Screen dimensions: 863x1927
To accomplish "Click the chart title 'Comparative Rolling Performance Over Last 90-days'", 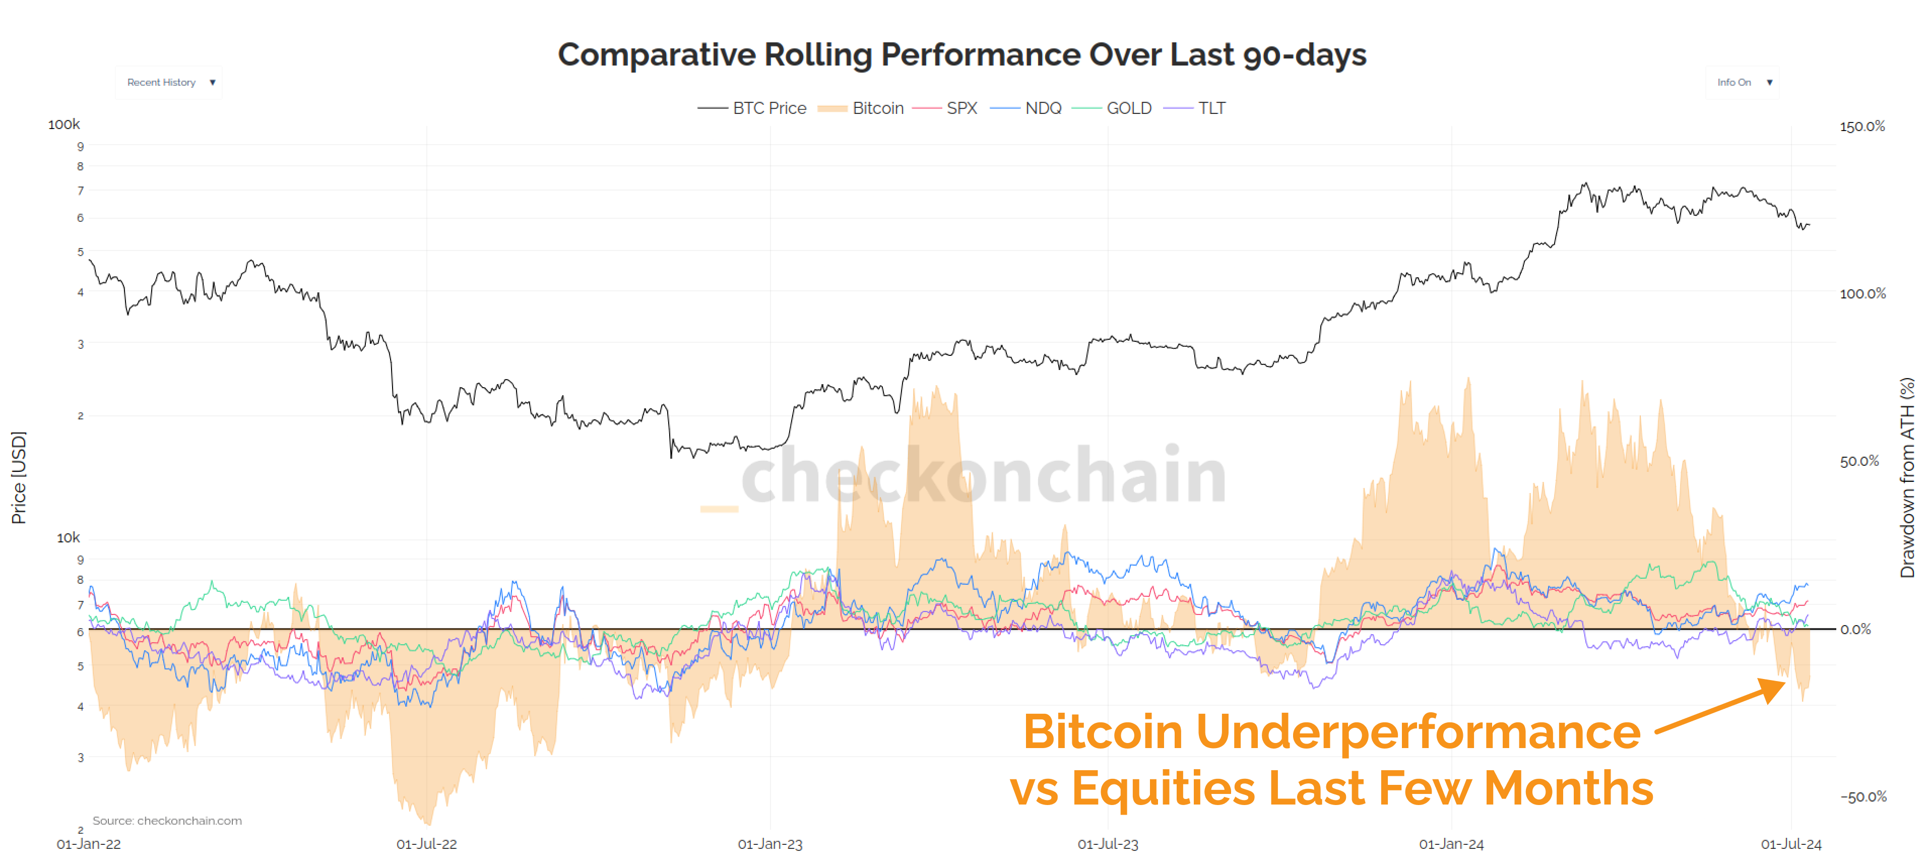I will (x=962, y=54).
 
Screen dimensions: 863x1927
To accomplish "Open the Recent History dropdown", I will (x=169, y=82).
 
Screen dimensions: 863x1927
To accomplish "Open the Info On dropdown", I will (x=1743, y=82).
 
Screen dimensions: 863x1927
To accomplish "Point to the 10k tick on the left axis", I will (x=68, y=537).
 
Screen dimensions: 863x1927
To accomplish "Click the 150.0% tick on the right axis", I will (x=1862, y=127).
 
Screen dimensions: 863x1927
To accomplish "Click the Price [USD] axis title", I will (x=19, y=477).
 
